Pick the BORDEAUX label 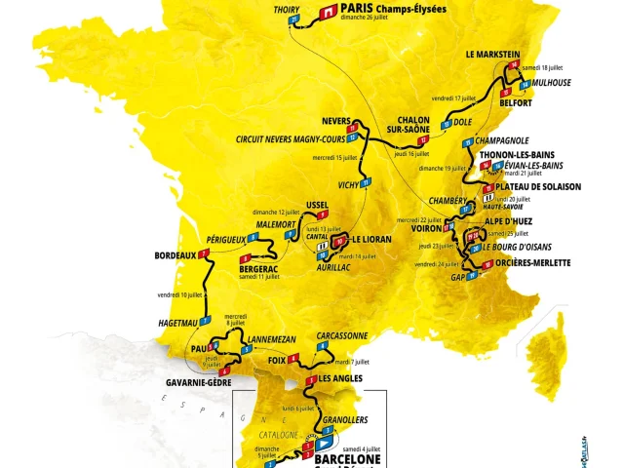point(175,256)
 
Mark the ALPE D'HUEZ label point(516,221)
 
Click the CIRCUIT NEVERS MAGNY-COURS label point(291,138)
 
